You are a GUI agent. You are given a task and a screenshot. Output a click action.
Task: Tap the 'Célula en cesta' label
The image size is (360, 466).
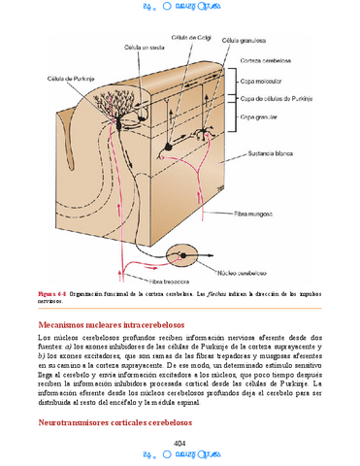click(142, 47)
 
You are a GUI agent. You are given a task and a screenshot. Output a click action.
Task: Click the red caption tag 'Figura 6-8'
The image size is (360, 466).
click(52, 292)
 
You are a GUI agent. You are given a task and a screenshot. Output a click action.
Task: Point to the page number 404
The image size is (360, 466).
click(179, 443)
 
